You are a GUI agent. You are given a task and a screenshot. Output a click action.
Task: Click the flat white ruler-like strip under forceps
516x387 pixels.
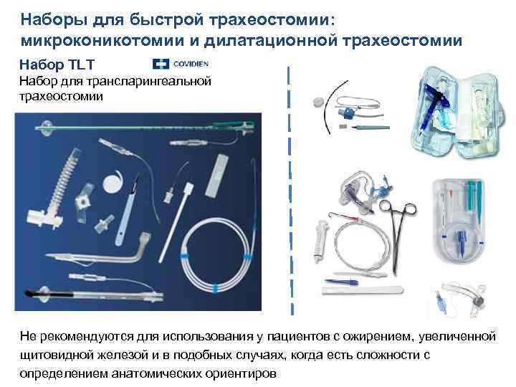[x=358, y=290]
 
